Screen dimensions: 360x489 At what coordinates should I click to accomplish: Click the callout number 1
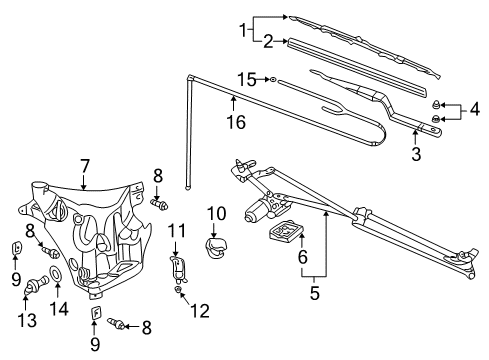[240, 30]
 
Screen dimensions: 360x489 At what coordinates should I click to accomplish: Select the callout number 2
[269, 41]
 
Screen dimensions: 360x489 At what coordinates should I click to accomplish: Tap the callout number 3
[417, 154]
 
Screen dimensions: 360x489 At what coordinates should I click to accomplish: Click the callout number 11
[176, 231]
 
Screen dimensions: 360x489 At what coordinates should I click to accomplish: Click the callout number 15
[245, 77]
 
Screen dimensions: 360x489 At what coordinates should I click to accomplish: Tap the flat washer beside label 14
[56, 274]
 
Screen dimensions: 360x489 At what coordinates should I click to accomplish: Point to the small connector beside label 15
[271, 78]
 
